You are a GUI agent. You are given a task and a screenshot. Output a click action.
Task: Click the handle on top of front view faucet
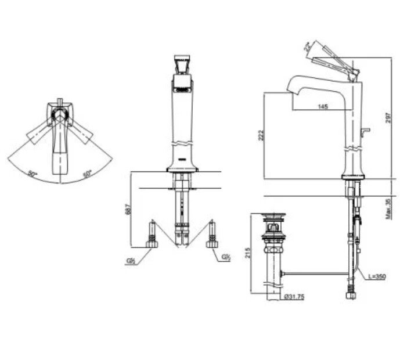(182, 63)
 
